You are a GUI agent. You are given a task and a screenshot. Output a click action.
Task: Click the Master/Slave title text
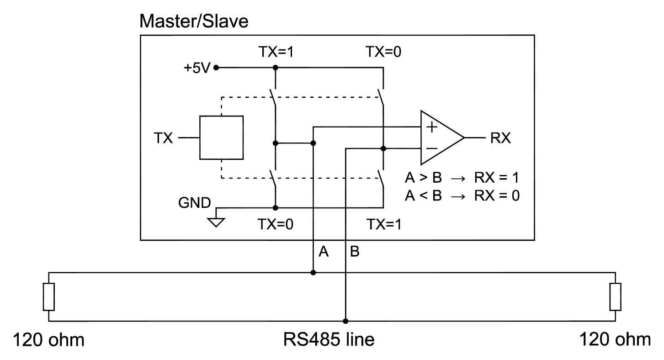(x=194, y=21)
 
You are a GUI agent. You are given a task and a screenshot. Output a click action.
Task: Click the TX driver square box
(x=221, y=138)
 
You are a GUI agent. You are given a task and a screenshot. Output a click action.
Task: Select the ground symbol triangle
(x=216, y=222)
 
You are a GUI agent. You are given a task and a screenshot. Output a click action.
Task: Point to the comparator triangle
(x=439, y=138)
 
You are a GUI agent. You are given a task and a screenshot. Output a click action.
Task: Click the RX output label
(x=500, y=138)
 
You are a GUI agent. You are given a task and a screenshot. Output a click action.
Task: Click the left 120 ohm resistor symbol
(x=49, y=296)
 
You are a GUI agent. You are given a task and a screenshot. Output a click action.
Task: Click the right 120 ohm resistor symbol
(x=615, y=296)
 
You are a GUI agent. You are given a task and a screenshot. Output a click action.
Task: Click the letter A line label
(x=324, y=252)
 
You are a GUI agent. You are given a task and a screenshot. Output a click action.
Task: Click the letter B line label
(x=355, y=252)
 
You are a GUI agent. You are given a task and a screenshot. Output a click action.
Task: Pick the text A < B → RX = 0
(x=462, y=196)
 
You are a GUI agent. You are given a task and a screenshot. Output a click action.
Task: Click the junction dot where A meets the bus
(x=313, y=273)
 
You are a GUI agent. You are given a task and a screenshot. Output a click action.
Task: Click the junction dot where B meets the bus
(x=346, y=321)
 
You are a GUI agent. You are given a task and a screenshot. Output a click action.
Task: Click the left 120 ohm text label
(x=48, y=340)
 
